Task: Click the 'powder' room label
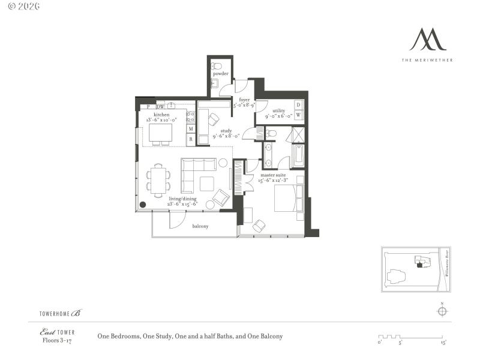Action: point(220,74)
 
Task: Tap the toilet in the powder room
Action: point(218,65)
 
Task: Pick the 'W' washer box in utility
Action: point(298,115)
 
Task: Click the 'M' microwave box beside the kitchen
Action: point(191,128)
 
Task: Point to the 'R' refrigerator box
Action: point(191,139)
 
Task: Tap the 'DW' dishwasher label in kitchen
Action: point(160,107)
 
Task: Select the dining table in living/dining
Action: point(158,180)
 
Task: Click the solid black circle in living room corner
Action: point(143,205)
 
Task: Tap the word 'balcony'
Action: point(200,226)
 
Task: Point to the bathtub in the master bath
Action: point(298,155)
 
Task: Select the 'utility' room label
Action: point(278,111)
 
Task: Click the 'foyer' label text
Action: point(244,100)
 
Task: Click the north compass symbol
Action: point(442,311)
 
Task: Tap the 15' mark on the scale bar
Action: point(443,343)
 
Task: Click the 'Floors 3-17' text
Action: point(56,340)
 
